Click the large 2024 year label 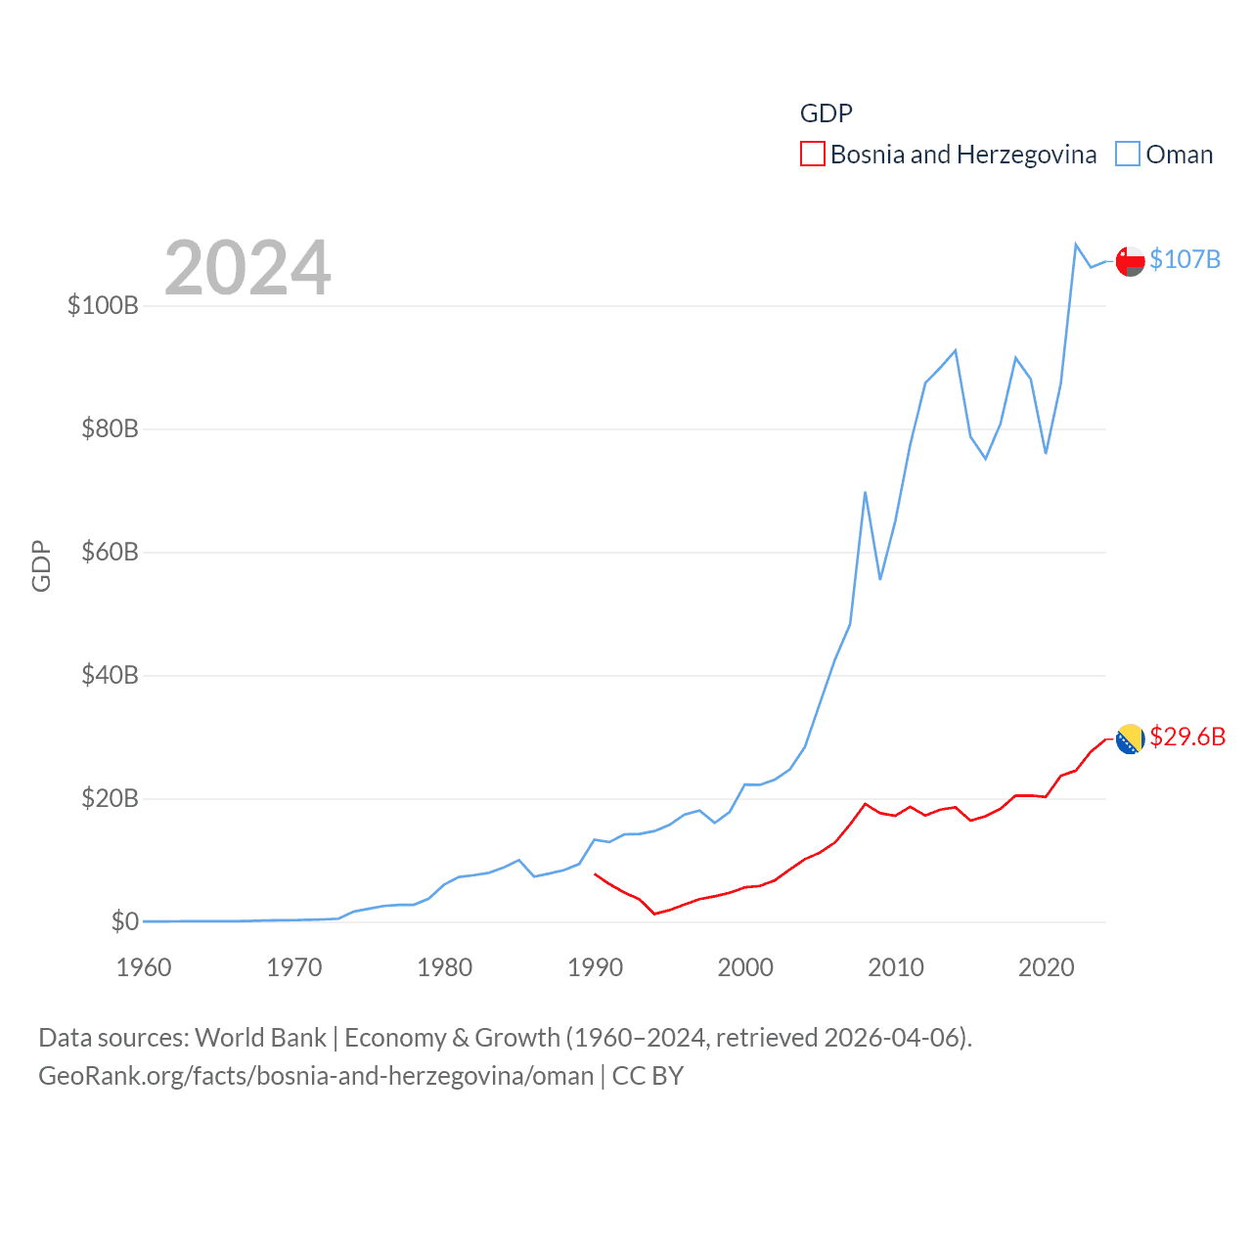click(247, 268)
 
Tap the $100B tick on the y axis click(103, 305)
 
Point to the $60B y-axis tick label click(110, 552)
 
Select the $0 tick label click(124, 921)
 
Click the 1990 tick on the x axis click(595, 967)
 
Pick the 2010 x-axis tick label click(896, 967)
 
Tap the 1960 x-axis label click(144, 967)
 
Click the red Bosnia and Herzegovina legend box click(813, 155)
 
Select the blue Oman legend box click(1128, 155)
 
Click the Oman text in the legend click(1179, 155)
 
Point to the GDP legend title click(827, 113)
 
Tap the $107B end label click(1185, 259)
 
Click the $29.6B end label click(1187, 737)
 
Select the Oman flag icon click(1130, 261)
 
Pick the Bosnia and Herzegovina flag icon click(1130, 739)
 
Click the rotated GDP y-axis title click(41, 565)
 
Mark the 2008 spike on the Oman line click(866, 492)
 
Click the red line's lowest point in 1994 click(654, 914)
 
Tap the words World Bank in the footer click(260, 1037)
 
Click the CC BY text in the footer click(648, 1076)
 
